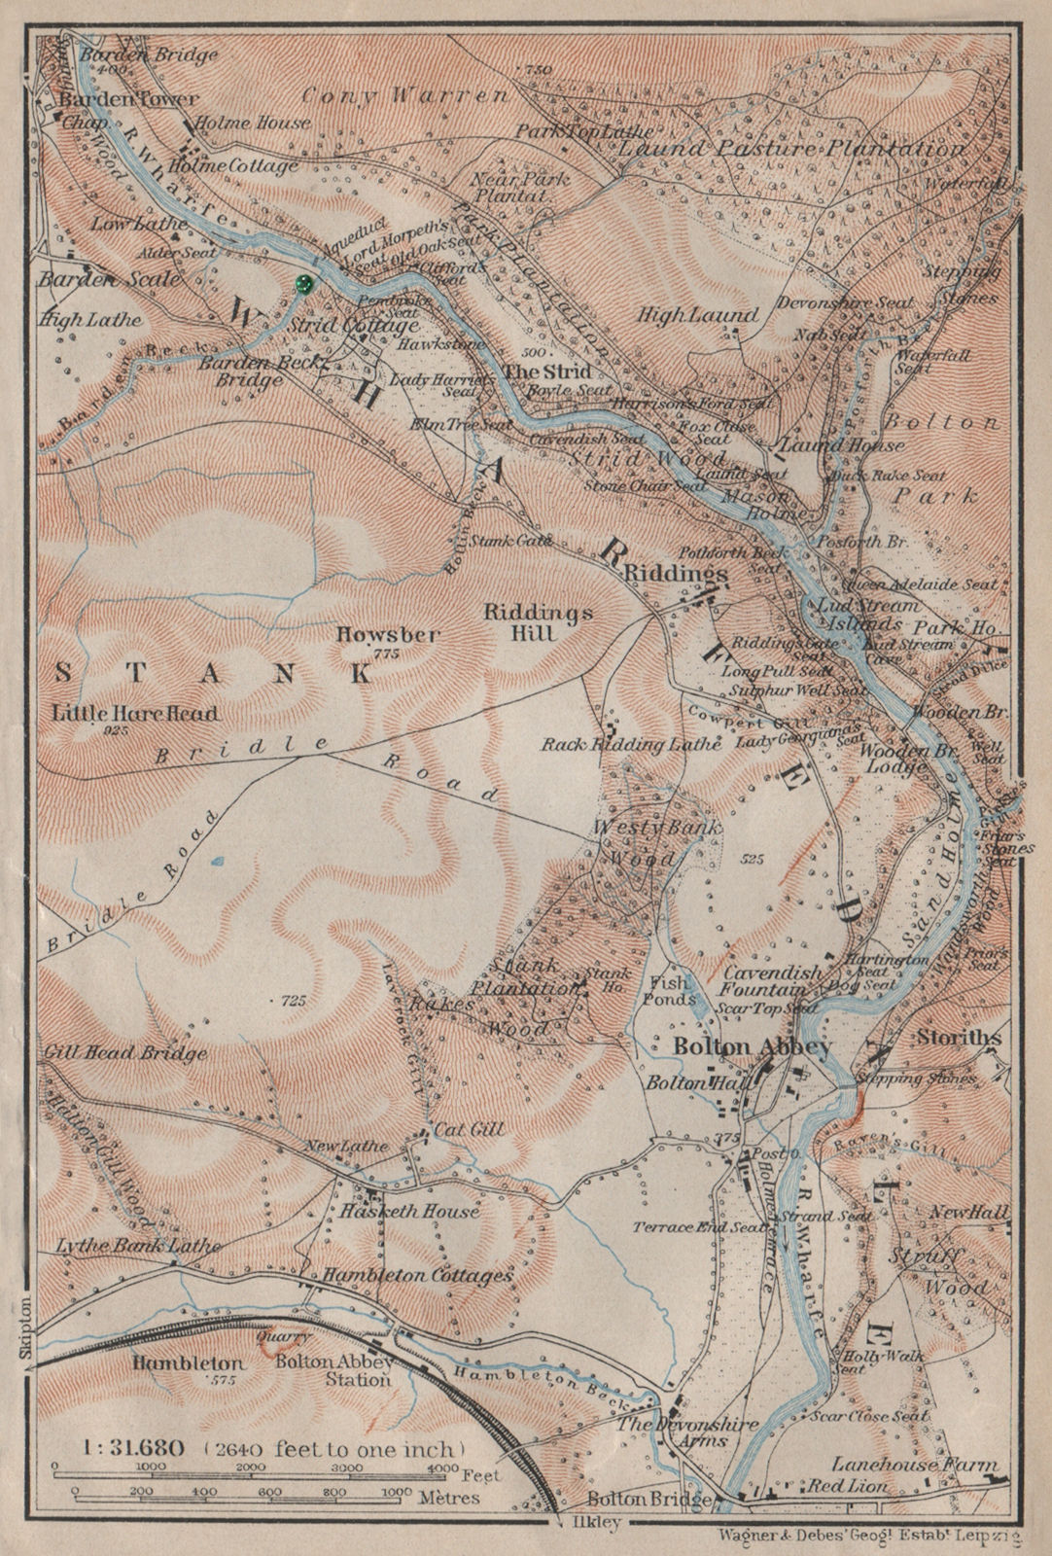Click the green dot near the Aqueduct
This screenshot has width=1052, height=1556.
pyautogui.click(x=303, y=284)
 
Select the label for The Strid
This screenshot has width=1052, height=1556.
pyautogui.click(x=546, y=371)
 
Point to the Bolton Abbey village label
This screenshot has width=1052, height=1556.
pyautogui.click(x=753, y=1047)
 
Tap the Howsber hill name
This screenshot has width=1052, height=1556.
pyautogui.click(x=387, y=635)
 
